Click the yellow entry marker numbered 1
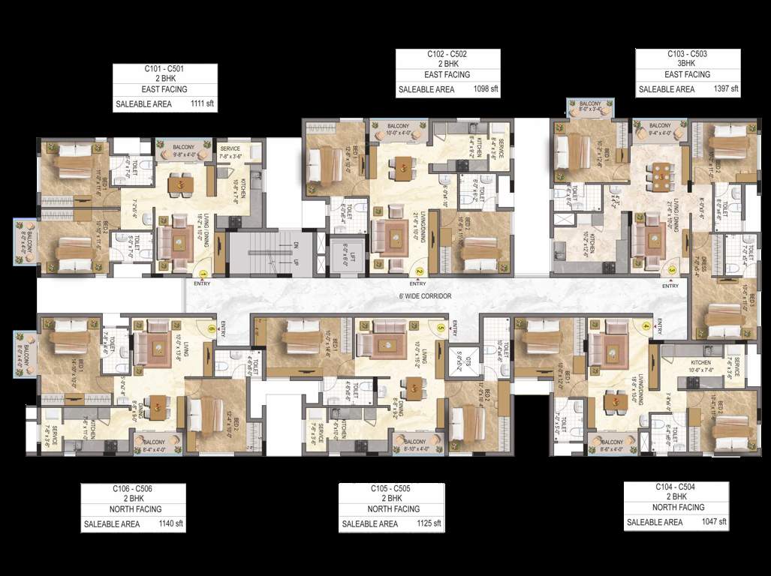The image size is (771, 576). click(x=202, y=274)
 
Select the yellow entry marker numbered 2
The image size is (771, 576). click(x=420, y=273)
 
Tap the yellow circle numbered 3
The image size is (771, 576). click(x=671, y=271)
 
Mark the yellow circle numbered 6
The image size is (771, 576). click(x=212, y=328)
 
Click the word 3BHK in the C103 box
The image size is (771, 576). click(x=687, y=64)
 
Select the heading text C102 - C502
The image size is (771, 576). click(x=447, y=55)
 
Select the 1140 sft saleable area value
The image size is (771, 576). click(x=171, y=523)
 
